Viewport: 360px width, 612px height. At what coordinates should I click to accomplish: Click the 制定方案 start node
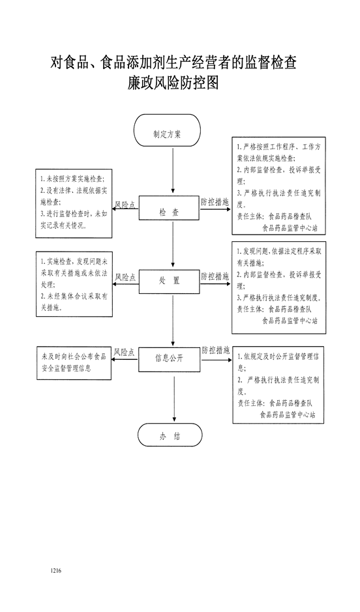point(167,130)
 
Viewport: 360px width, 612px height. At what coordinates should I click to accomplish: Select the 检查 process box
point(169,208)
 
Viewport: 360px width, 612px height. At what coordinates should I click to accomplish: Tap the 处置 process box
point(169,281)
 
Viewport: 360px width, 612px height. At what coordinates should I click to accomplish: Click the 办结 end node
point(170,435)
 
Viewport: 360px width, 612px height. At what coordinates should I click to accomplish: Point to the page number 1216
point(56,571)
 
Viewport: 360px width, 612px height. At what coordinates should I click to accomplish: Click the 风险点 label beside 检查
point(125,205)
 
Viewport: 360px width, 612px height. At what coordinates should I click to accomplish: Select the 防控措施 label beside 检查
point(215,203)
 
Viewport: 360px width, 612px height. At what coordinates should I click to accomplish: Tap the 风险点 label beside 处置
point(125,278)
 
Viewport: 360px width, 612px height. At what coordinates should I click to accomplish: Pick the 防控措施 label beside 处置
point(215,277)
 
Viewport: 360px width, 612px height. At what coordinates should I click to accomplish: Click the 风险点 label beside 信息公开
point(125,353)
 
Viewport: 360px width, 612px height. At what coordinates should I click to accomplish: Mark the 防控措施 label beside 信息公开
point(216,350)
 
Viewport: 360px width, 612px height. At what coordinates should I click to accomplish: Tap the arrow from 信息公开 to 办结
point(173,398)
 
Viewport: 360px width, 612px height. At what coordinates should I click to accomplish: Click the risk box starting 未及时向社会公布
point(74,363)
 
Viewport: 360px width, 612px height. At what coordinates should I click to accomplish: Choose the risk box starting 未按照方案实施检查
point(74,203)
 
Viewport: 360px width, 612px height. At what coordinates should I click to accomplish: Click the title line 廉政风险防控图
point(173,83)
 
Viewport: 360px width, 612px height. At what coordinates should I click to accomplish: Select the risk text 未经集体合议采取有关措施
point(74,302)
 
